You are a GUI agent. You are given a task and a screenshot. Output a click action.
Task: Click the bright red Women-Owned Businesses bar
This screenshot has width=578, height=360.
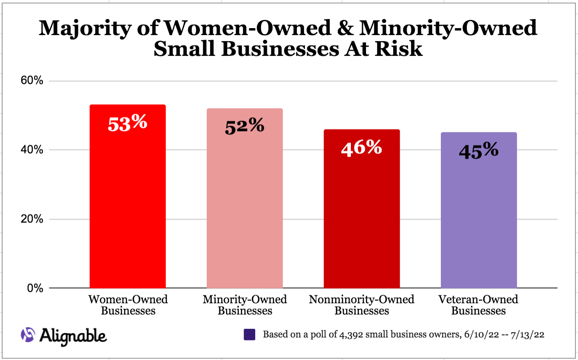tap(127, 208)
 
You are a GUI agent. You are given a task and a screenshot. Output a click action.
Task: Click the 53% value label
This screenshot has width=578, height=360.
tap(127, 123)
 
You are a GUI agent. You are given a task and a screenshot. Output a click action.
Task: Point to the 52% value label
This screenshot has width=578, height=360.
tap(244, 126)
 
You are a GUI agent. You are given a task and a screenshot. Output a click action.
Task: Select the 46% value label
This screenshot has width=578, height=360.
tap(362, 148)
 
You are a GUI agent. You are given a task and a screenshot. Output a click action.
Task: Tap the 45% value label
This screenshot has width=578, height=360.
tap(478, 151)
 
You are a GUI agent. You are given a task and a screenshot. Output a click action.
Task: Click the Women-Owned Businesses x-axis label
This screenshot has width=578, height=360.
tap(128, 305)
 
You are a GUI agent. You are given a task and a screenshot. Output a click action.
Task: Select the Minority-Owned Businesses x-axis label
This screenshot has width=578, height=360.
tap(244, 305)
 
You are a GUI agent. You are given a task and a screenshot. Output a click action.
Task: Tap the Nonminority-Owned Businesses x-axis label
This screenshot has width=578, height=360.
tap(362, 305)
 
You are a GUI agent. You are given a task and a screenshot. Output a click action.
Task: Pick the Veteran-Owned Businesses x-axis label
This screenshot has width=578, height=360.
tap(478, 305)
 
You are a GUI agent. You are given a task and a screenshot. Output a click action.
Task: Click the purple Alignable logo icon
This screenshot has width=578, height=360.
tap(28, 334)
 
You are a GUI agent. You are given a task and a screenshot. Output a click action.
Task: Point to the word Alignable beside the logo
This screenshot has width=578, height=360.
tap(74, 335)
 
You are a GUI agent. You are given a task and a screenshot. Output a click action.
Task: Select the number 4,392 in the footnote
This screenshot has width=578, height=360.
tap(341, 334)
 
